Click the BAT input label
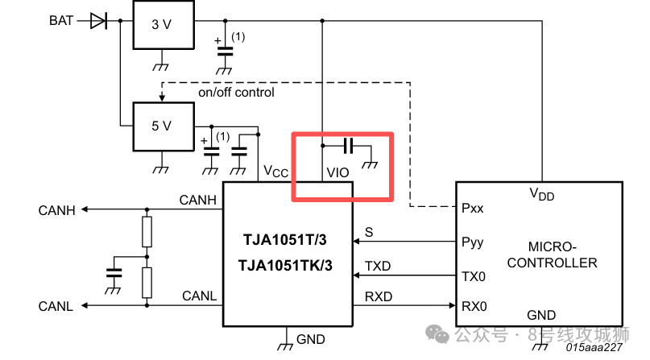coord(61,20)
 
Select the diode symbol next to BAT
coord(98,20)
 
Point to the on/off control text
coord(236,93)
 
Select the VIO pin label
coord(337,172)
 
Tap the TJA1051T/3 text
coord(287,240)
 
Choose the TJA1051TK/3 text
coord(287,266)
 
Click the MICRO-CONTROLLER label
coord(562,254)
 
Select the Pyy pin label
coord(474,241)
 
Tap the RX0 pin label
coord(474,305)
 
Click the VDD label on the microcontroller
coord(541,193)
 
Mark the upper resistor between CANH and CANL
coord(147,232)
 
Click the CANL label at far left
coord(56,306)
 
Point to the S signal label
coord(369,232)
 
